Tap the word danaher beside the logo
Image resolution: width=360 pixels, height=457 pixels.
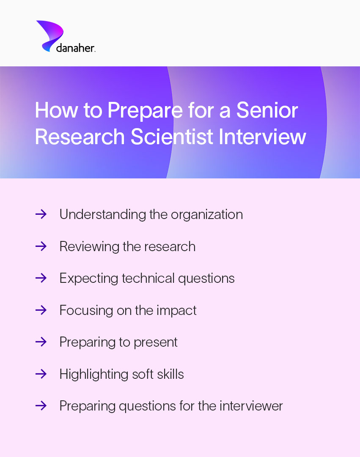(75, 48)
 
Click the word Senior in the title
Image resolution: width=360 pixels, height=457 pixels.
(267, 111)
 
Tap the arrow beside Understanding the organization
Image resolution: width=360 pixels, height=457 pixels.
(41, 214)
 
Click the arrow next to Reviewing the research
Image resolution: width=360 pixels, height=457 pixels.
(41, 246)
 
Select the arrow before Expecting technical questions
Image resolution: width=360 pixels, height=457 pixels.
(41, 278)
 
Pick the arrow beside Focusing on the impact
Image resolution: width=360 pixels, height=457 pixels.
(41, 310)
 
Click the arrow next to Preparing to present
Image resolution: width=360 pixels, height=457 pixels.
(41, 342)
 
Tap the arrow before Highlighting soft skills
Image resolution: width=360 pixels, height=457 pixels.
(41, 374)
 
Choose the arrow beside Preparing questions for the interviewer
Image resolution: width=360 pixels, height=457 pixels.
(41, 406)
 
